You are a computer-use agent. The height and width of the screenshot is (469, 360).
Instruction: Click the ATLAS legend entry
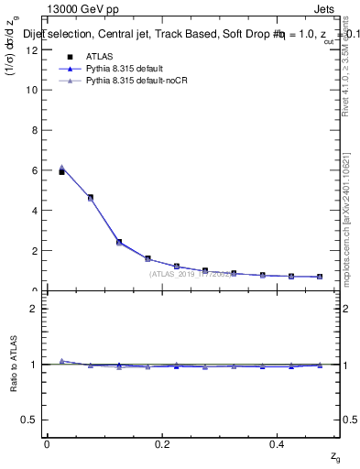point(98,56)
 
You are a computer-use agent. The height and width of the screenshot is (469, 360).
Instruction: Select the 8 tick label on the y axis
point(34,130)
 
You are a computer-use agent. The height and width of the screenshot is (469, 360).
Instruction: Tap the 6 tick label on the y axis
point(34,170)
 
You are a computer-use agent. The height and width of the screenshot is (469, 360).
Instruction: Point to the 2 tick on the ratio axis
point(34,309)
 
